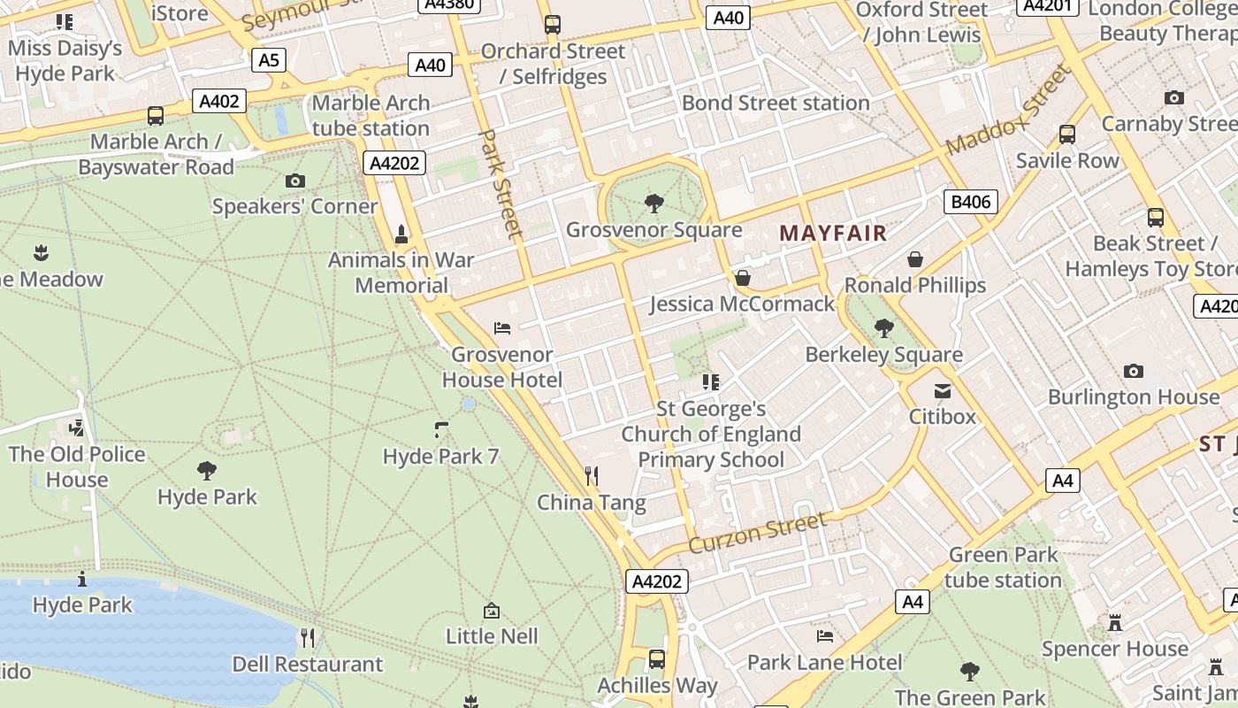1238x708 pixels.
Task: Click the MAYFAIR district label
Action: click(x=832, y=234)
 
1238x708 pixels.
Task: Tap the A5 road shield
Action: click(x=269, y=60)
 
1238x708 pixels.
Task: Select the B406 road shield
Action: click(x=970, y=202)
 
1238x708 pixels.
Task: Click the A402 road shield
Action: click(x=219, y=101)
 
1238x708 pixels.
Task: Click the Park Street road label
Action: click(x=501, y=183)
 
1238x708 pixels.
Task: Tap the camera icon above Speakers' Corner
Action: click(x=295, y=181)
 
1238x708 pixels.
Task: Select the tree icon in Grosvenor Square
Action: click(x=654, y=204)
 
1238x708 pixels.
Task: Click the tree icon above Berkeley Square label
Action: click(x=883, y=328)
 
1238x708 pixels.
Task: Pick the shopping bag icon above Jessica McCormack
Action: click(x=743, y=279)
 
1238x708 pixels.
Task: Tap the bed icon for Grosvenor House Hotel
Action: click(x=502, y=328)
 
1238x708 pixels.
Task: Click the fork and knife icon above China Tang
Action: click(x=592, y=477)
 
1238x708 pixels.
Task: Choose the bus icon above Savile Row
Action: click(x=1067, y=135)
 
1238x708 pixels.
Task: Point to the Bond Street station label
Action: click(x=776, y=103)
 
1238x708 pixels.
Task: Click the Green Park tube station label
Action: click(x=1003, y=567)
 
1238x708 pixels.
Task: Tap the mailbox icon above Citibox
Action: click(x=943, y=390)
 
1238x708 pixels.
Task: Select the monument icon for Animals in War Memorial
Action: click(x=401, y=234)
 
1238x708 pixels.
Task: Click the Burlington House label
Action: click(x=1134, y=396)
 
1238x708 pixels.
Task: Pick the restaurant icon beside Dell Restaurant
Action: click(x=308, y=637)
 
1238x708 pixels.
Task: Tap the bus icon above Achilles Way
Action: click(x=657, y=659)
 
